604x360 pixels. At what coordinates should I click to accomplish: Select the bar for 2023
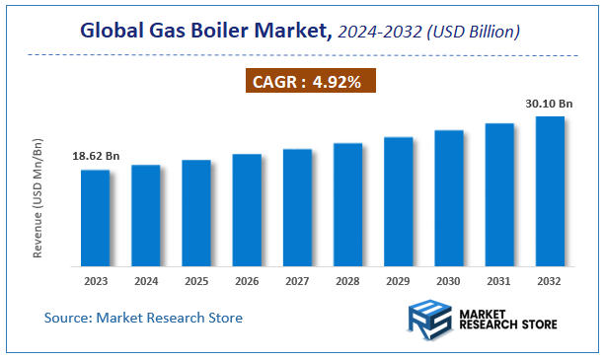[96, 218]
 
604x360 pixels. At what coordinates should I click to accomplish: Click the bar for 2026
[247, 210]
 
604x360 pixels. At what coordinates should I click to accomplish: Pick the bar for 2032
[550, 191]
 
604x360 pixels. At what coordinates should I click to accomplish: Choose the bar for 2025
[196, 213]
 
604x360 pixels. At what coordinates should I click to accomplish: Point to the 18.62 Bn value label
[96, 156]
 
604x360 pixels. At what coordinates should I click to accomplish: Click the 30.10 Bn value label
[550, 103]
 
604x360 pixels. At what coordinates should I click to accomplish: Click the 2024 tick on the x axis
[146, 280]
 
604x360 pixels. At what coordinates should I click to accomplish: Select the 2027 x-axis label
[297, 280]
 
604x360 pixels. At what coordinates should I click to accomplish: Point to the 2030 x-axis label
[449, 280]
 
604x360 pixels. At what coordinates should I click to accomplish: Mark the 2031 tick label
[499, 280]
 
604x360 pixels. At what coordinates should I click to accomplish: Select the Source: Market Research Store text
[144, 318]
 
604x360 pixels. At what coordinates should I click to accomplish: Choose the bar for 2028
[348, 204]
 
